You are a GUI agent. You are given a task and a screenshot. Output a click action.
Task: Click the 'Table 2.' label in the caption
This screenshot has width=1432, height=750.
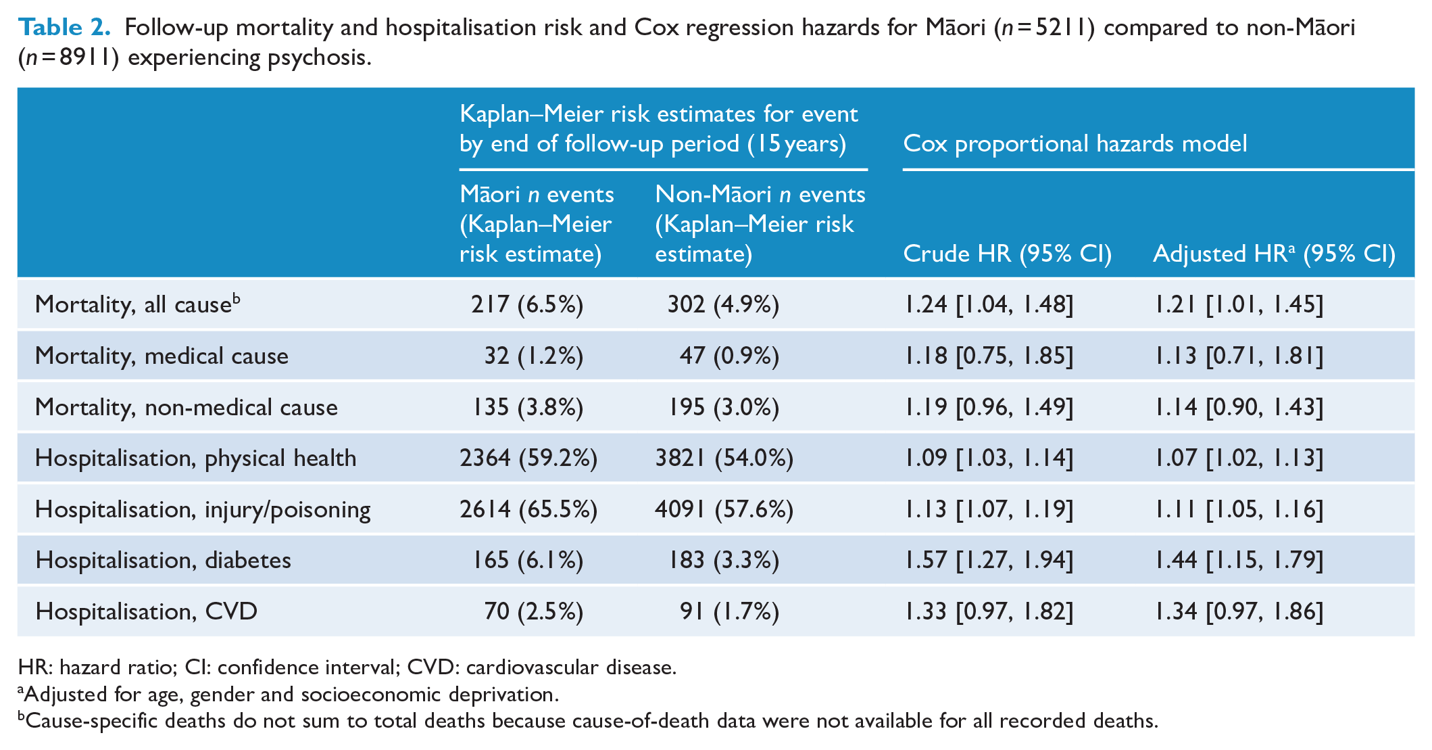(x=64, y=27)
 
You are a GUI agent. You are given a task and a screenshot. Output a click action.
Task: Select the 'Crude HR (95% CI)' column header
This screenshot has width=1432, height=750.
(x=1007, y=254)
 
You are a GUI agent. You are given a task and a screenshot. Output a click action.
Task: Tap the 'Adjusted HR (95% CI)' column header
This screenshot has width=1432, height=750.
(x=1274, y=254)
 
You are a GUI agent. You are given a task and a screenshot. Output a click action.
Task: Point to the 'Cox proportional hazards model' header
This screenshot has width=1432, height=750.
(x=1075, y=143)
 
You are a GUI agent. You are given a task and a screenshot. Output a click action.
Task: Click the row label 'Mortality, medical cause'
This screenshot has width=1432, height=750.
(x=162, y=356)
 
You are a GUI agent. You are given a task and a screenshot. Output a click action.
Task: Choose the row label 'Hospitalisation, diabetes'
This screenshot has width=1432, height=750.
(x=163, y=560)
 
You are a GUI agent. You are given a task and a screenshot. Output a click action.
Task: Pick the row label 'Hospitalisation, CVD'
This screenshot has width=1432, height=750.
(x=146, y=611)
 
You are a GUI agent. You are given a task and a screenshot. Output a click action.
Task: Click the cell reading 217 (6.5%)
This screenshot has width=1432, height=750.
(x=527, y=304)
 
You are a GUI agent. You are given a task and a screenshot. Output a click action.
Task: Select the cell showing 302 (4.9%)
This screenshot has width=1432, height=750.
(x=723, y=304)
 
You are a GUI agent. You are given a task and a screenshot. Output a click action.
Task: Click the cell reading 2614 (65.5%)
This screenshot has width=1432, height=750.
(x=528, y=509)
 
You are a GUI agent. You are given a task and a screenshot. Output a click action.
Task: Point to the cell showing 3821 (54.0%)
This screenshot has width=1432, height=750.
(x=724, y=458)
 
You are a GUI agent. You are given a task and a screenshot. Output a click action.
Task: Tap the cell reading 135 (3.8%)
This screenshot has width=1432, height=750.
(x=528, y=407)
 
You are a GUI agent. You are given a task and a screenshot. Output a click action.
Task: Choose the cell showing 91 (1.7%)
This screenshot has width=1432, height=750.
(x=729, y=611)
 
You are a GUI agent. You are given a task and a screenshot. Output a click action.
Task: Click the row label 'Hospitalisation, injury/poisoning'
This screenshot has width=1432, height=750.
(x=203, y=509)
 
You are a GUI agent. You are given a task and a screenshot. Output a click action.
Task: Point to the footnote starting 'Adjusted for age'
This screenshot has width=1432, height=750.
(x=289, y=695)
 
